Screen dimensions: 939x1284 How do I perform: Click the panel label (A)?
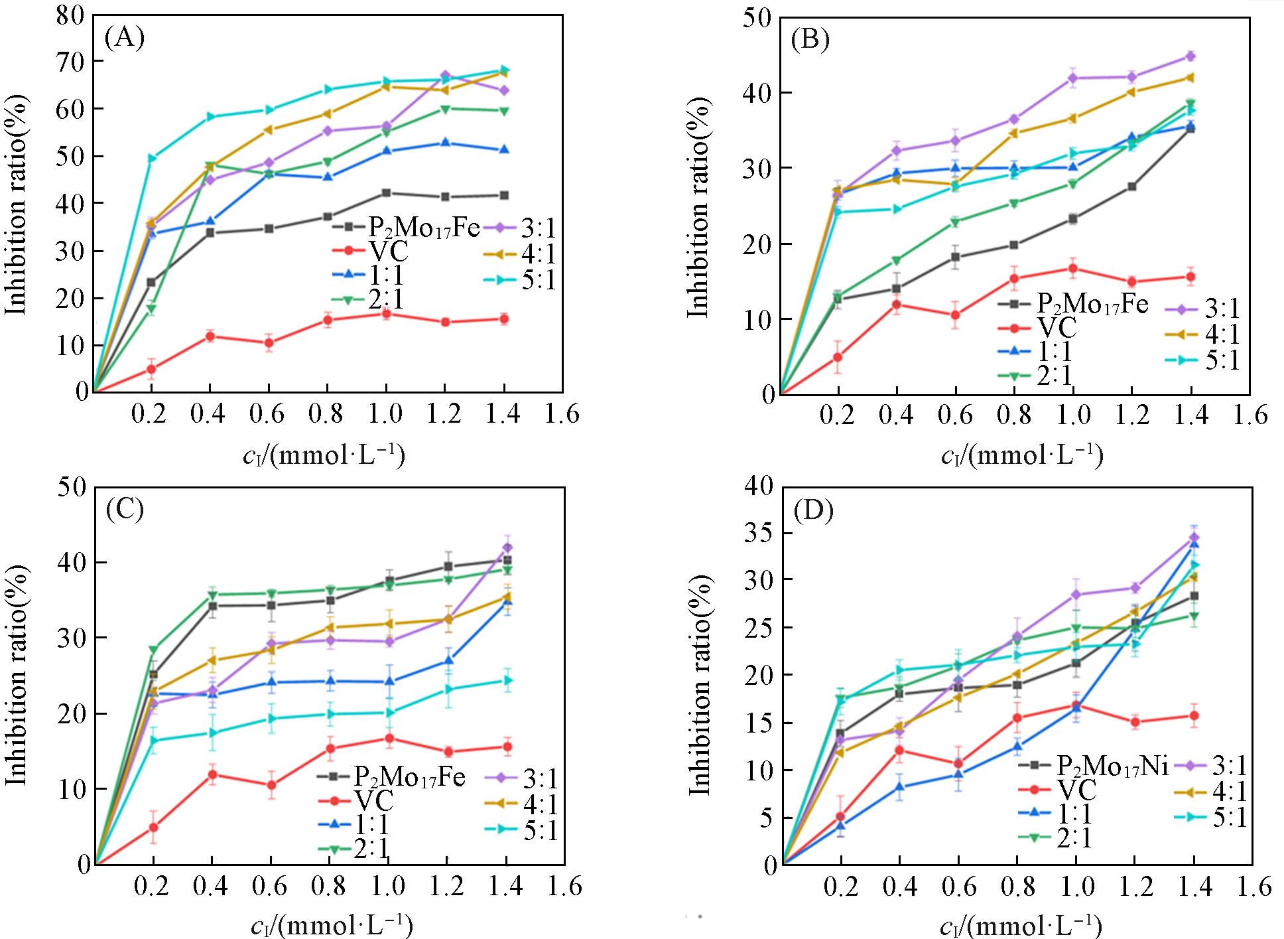124,38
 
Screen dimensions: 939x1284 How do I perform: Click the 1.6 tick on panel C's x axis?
564,887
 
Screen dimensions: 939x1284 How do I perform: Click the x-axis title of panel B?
1021,457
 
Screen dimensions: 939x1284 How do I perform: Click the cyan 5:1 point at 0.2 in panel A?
151,158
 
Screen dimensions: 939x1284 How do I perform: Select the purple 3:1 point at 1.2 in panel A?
445,75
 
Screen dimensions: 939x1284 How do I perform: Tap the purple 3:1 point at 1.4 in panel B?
1190,56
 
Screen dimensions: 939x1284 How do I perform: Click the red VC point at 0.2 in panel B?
838,357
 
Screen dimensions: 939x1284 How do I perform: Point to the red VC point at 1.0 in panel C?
389,738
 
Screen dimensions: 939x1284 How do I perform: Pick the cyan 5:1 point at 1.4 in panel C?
506,680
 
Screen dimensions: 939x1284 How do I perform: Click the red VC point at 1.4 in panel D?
1194,715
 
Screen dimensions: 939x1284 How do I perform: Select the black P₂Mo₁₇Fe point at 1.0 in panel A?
386,193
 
